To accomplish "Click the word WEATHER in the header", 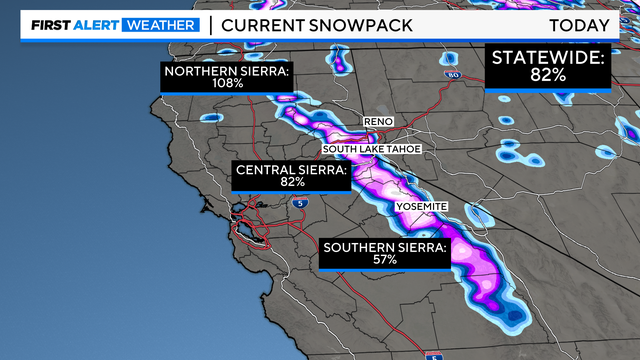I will pos(161,25).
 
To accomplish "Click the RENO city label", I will pos(378,121).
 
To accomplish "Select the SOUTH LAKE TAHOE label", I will pos(372,150).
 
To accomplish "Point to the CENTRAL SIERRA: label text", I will pos(292,171).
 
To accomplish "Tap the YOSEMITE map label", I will pos(420,206).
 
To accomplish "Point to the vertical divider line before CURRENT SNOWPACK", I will pos(210,25).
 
